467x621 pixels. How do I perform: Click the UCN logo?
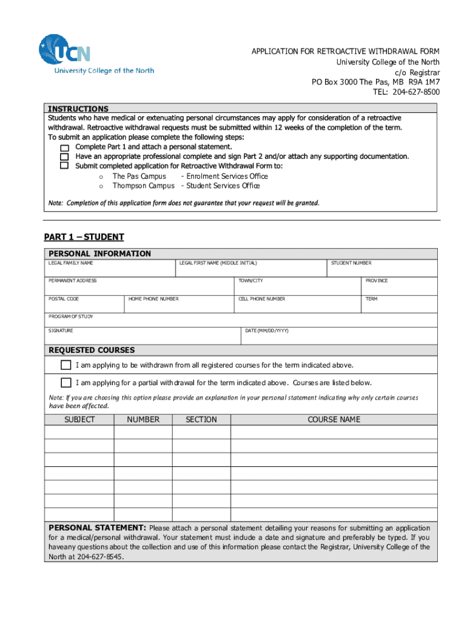65,51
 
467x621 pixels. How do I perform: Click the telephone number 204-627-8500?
416,92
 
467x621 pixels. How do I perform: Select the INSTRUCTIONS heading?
78,109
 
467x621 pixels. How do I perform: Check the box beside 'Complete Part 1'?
64,147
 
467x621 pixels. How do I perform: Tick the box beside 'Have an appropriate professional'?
64,156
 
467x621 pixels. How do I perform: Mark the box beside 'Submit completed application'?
64,166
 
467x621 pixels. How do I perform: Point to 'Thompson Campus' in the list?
143,186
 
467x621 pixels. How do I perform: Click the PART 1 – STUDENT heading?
84,237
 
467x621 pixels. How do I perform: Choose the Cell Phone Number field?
297,305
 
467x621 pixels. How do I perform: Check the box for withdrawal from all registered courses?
66,365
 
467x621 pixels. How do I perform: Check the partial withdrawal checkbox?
66,383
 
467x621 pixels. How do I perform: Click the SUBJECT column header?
79,420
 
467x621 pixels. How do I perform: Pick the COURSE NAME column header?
334,420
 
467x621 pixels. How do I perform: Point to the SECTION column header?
201,420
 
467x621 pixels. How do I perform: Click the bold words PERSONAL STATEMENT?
97,528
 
